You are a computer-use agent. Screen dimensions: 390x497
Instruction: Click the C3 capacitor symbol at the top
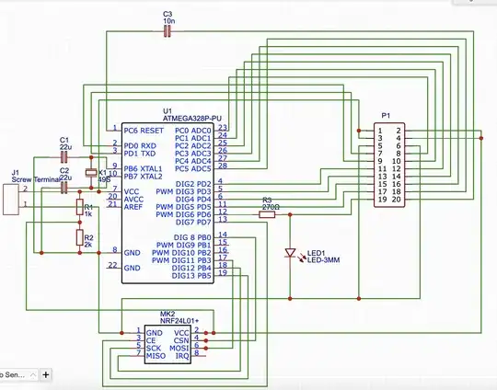[x=167, y=32]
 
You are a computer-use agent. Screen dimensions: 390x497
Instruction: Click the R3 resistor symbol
[x=270, y=213]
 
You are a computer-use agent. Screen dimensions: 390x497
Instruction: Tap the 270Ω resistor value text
[x=270, y=207]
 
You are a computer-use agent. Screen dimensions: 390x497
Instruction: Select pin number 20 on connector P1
[x=397, y=199]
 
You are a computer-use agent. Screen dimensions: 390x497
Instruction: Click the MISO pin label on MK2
[x=158, y=356]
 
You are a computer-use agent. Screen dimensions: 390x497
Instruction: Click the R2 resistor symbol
[x=79, y=239]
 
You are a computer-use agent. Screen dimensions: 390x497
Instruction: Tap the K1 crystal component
[x=90, y=174]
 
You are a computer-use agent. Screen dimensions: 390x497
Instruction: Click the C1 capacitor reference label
[x=64, y=138]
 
